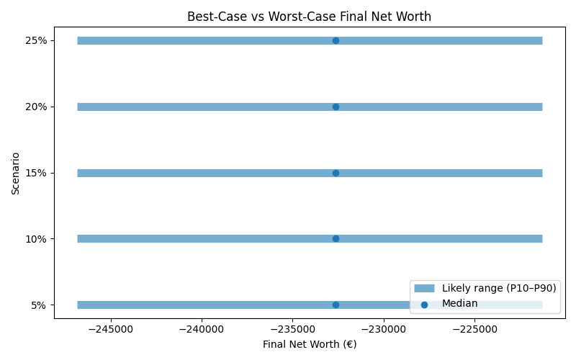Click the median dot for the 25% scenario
tap(336, 40)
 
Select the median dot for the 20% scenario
tap(336, 107)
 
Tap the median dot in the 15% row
tap(336, 173)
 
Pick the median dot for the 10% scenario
tap(336, 238)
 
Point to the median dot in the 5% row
tap(336, 305)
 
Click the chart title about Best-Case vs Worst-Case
tap(309, 17)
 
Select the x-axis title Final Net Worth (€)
tap(309, 344)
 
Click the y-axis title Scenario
tap(15, 173)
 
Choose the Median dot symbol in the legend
tap(424, 304)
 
